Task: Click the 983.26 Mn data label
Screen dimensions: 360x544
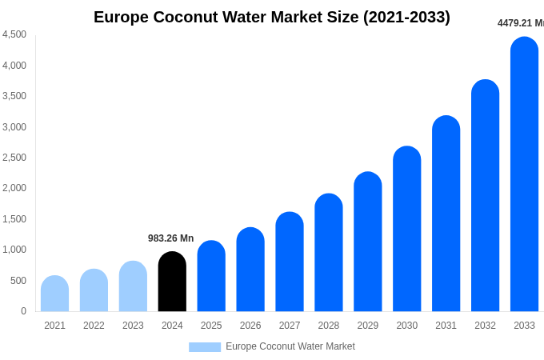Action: coord(170,238)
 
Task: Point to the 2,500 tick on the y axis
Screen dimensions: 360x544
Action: coord(14,158)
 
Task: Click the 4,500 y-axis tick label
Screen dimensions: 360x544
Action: coord(14,34)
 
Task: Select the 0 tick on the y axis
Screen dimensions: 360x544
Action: coord(23,311)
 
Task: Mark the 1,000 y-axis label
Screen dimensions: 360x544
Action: coord(14,250)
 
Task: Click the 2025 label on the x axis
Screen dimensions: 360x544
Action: coord(211,326)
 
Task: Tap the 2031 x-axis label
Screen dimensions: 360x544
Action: coord(446,326)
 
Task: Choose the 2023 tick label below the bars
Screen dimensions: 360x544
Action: coord(133,326)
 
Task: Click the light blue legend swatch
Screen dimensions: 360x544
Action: coord(205,347)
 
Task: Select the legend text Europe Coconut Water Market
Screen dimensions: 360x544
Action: coord(290,346)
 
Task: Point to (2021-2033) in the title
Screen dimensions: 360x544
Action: coord(406,17)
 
